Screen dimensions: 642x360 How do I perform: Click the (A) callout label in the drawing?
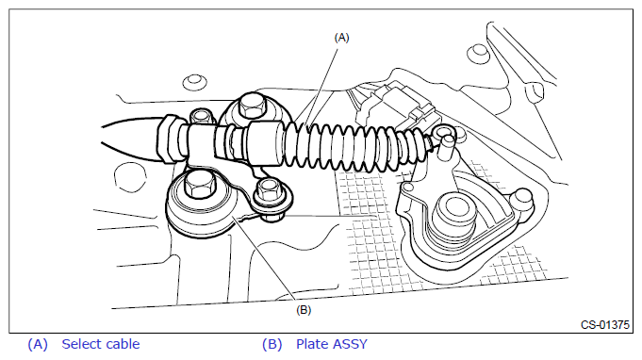341,38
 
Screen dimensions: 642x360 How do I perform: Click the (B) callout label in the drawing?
304,310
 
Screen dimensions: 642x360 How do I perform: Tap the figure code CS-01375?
604,325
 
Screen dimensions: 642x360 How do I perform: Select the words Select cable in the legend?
101,344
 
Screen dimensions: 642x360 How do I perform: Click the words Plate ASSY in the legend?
332,344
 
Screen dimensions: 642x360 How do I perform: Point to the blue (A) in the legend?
38,345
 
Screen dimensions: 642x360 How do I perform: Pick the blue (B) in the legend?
272,345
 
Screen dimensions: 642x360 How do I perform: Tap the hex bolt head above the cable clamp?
251,106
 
